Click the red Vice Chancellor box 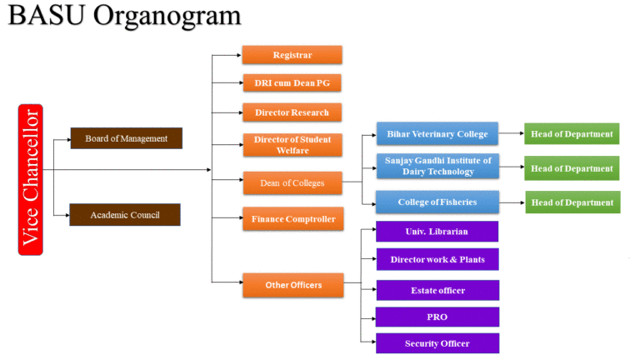[x=31, y=180]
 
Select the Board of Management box [x=127, y=138]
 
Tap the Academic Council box [x=125, y=215]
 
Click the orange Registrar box [x=292, y=55]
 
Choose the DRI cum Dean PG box [x=292, y=82]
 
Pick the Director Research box [x=292, y=112]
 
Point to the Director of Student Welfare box [x=292, y=145]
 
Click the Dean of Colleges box [x=292, y=182]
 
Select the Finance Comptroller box [x=293, y=219]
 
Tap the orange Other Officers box [x=293, y=285]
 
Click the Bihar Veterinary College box [x=437, y=134]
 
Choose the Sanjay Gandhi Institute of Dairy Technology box [x=437, y=166]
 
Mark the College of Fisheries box [x=437, y=202]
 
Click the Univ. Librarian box [x=437, y=232]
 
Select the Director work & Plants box [x=437, y=259]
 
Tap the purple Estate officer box [x=437, y=290]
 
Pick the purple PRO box [x=437, y=317]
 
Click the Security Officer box [x=437, y=343]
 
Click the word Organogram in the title [x=167, y=17]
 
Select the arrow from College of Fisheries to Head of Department [x=512, y=202]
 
